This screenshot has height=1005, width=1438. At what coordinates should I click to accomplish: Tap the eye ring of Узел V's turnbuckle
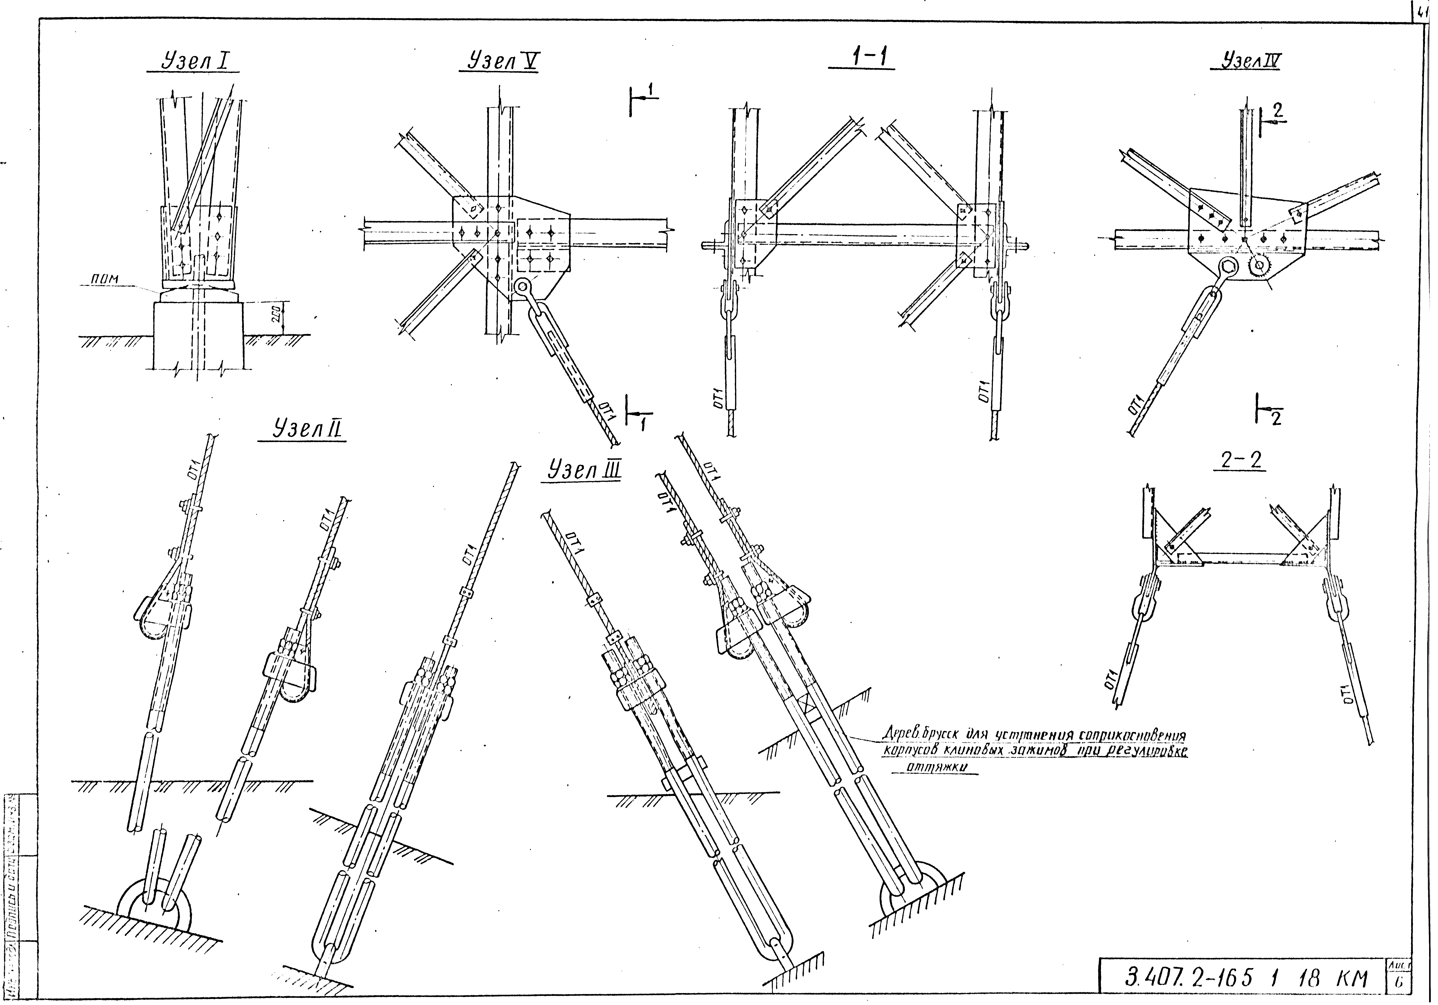point(521,287)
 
